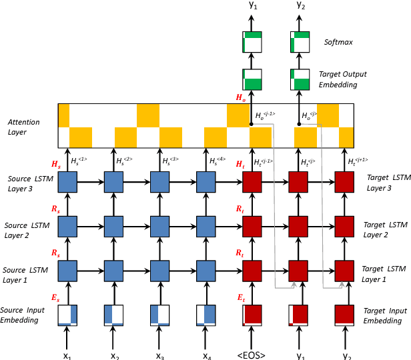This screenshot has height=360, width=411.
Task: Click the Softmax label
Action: coord(338,42)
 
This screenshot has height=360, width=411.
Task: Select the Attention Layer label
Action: coord(25,127)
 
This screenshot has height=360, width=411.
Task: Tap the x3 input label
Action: coord(160,355)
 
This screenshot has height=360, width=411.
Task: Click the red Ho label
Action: coord(240,98)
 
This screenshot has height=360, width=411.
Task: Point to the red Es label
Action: coord(55,299)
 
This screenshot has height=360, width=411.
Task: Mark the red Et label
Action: coord(240,299)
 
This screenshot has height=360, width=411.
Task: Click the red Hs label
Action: coord(55,163)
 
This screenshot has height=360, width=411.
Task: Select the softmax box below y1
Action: coord(252,42)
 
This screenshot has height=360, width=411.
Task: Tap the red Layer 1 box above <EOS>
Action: coord(252,272)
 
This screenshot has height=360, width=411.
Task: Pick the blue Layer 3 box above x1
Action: coord(68,182)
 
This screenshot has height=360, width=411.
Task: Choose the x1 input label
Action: coord(67,355)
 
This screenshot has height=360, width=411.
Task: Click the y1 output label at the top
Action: coord(252,6)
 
